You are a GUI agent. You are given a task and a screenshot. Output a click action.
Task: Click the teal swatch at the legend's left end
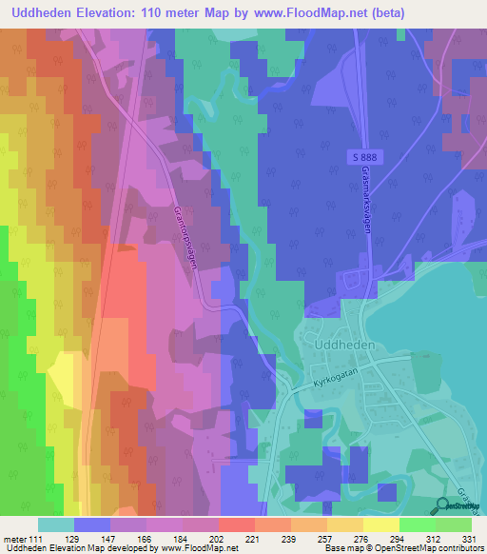click(56, 524)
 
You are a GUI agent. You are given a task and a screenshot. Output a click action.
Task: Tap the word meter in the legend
click(13, 539)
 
